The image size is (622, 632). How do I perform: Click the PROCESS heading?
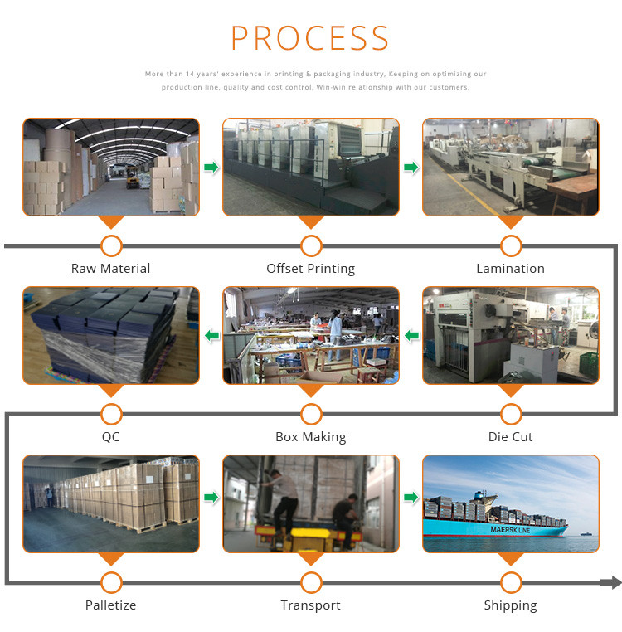tap(310, 39)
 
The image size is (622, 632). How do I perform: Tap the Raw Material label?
tap(110, 268)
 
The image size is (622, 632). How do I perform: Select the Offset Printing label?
tap(310, 268)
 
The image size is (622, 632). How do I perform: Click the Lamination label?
tap(510, 268)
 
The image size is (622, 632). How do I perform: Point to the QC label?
tap(110, 436)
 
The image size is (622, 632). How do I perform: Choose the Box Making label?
tap(310, 436)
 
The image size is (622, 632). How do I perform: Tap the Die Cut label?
tap(510, 436)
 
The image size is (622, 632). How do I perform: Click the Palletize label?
tap(110, 605)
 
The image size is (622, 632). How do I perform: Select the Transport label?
tap(310, 605)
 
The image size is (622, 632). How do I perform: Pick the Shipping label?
tap(510, 605)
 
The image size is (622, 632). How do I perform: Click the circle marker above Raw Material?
tap(110, 246)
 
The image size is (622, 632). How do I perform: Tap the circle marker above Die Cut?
tap(511, 414)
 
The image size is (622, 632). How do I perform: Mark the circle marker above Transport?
tap(311, 582)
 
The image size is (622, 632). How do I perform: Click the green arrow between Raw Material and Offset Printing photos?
tap(211, 168)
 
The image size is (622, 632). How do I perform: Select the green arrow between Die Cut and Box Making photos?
tap(411, 336)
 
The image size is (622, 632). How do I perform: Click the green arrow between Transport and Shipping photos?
tap(411, 498)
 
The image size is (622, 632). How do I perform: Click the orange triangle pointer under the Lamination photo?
tap(511, 222)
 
